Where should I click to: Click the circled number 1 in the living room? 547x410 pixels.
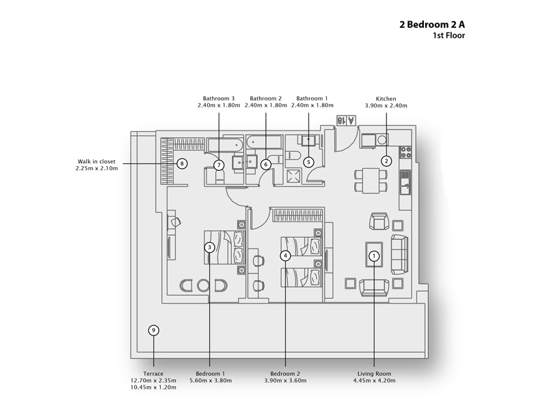(374, 256)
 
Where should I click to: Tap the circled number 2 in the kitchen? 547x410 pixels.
(386, 161)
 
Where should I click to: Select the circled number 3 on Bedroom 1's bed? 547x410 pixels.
(210, 247)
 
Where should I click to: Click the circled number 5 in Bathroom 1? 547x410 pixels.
(308, 162)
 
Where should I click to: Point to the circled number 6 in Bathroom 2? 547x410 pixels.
(266, 164)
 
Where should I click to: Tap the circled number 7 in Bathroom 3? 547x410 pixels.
(219, 165)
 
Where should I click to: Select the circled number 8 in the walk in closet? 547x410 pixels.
(181, 163)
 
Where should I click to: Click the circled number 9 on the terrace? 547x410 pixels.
(154, 331)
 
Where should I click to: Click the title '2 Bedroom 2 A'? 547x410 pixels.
(432, 23)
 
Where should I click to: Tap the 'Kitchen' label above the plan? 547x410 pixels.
(386, 98)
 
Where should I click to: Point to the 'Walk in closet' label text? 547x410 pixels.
(96, 162)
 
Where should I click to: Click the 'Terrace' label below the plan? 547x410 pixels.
(154, 373)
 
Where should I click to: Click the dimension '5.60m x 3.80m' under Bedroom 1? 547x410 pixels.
(210, 381)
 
